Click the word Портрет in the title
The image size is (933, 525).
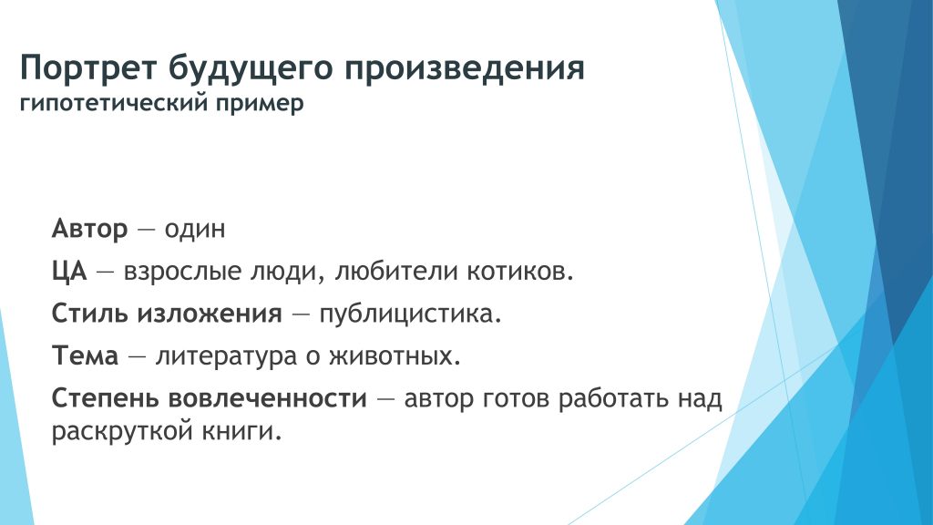[x=88, y=67]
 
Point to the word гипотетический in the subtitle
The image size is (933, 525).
[x=114, y=103]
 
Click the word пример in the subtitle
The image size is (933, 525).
[x=260, y=104]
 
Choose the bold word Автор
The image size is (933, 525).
[x=90, y=229]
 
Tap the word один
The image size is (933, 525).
[x=195, y=229]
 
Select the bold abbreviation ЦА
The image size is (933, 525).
[x=69, y=272]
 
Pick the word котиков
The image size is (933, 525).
[x=520, y=272]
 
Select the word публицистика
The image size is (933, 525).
[x=411, y=314]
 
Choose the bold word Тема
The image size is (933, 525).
[x=85, y=356]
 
